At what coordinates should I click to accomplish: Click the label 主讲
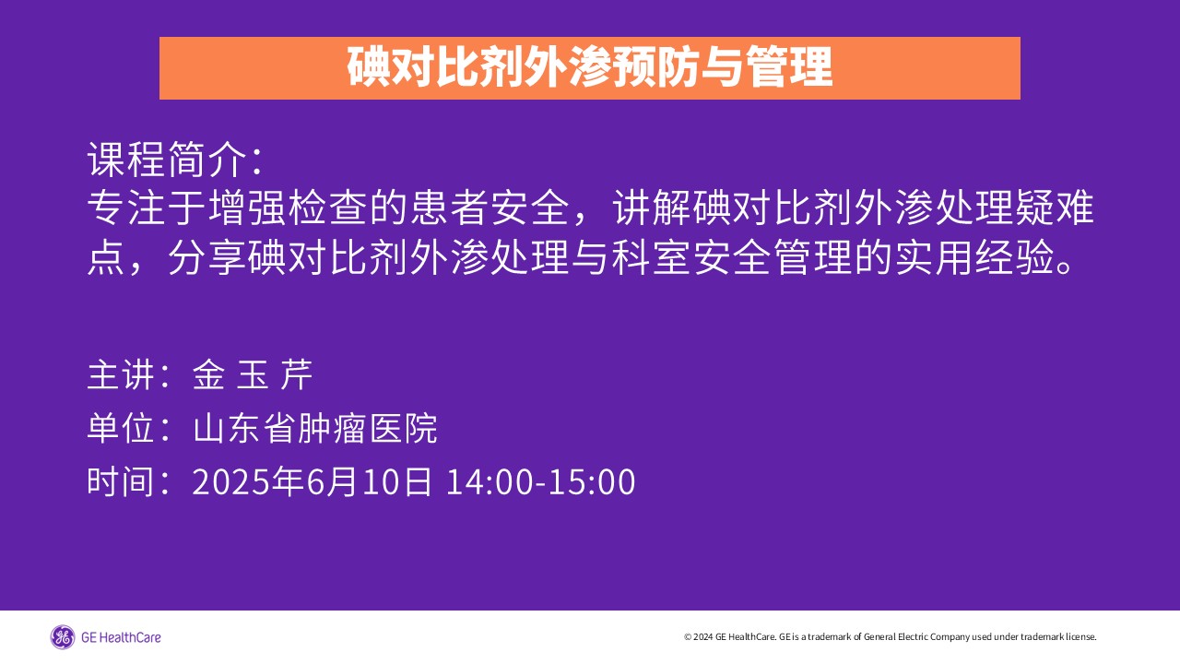[121, 375]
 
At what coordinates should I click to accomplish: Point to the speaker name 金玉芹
[253, 375]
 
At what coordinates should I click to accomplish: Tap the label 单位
[121, 428]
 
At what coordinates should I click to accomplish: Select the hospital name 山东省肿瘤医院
[315, 428]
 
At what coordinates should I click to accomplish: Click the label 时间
[121, 481]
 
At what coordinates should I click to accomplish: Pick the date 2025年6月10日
[312, 481]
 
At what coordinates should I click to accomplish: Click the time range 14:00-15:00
[540, 481]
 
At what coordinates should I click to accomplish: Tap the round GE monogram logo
[63, 637]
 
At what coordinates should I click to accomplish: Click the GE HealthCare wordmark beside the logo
[121, 637]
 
